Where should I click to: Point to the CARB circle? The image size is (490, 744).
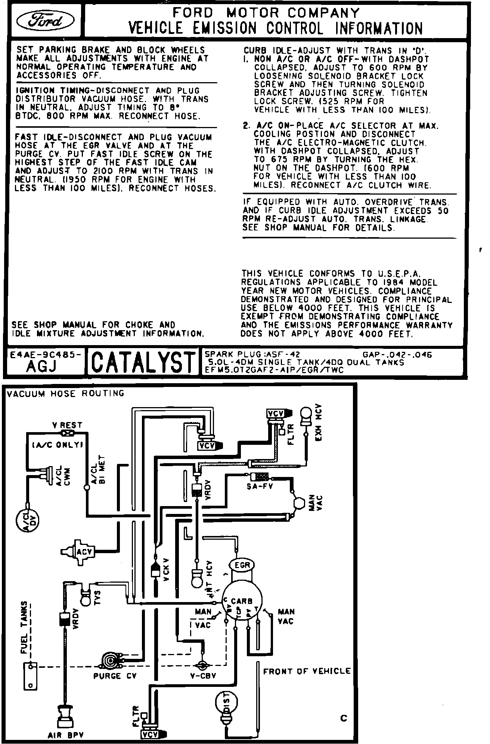[242, 601]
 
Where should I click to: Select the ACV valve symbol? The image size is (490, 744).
[80, 552]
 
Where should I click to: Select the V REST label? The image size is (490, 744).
[67, 425]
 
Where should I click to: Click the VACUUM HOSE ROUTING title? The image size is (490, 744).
[65, 393]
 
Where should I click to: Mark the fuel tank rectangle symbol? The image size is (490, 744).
[30, 676]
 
